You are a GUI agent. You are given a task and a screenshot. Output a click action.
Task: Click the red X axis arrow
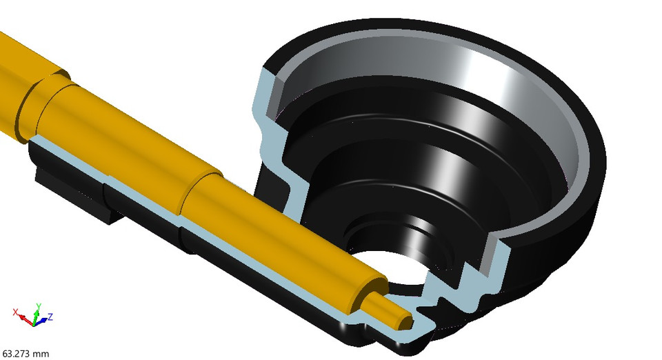(25, 319)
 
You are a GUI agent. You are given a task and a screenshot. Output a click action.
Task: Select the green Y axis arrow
(37, 312)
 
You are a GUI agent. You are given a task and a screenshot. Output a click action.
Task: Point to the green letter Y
(38, 305)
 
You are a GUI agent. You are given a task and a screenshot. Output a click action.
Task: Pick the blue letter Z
(51, 317)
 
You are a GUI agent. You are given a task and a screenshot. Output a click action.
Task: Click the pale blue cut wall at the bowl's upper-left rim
(265, 97)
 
